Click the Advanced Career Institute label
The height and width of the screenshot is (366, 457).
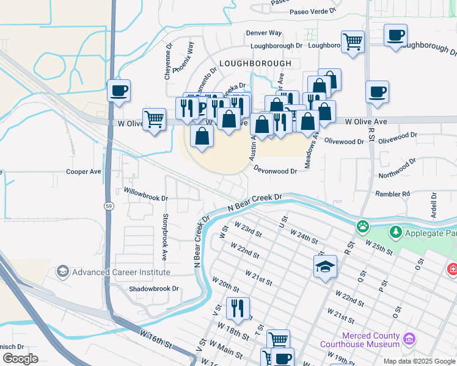point(120,271)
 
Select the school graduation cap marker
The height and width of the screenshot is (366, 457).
point(326,267)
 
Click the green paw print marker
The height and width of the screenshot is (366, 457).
point(364,226)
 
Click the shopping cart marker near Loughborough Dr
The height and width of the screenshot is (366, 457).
point(353,42)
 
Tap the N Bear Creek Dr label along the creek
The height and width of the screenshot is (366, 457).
point(255,203)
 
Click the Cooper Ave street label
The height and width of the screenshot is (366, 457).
point(84,172)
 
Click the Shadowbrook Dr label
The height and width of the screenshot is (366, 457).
point(153,289)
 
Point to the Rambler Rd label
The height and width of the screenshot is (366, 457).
point(393,194)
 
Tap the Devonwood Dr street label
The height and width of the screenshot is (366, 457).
point(274,171)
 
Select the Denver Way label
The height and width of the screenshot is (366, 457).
point(264,33)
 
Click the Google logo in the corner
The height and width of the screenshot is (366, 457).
point(21,359)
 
